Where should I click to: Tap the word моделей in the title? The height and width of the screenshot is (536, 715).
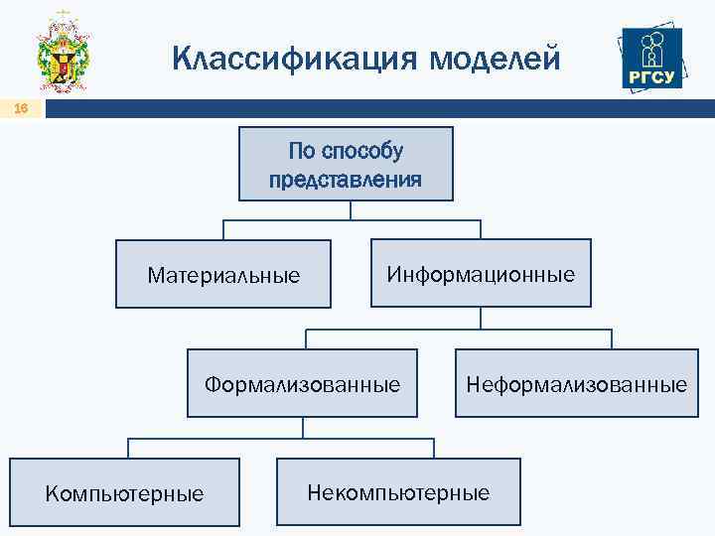point(496,59)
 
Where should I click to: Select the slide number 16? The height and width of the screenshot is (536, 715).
point(21,109)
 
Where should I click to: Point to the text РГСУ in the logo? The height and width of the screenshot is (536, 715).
point(651,78)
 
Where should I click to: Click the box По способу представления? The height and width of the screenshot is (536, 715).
point(345,164)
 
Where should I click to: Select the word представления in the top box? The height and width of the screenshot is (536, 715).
point(345,180)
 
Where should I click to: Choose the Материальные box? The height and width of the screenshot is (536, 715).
point(223,274)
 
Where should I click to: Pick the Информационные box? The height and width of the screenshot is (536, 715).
point(481,273)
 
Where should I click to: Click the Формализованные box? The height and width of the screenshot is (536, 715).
point(303,382)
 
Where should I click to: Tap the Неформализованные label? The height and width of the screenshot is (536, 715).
point(577,383)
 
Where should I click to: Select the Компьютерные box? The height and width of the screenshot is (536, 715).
point(125,491)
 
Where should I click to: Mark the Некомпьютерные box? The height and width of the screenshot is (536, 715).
point(398,491)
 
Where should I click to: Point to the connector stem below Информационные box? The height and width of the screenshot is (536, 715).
point(481,318)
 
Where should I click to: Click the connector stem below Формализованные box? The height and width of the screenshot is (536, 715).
point(303,427)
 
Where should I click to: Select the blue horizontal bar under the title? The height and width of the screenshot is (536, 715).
point(377,109)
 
